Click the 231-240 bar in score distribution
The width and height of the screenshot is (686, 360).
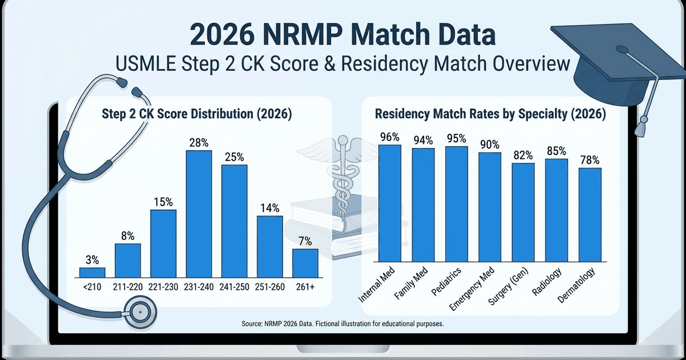[198, 214]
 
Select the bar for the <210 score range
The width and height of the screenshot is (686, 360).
[92, 272]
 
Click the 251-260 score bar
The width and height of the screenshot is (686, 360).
[269, 246]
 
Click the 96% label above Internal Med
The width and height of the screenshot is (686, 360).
[390, 137]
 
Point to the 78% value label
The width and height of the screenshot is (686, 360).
[590, 160]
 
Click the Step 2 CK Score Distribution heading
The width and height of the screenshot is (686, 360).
[198, 114]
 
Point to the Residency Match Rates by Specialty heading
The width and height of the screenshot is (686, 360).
[490, 114]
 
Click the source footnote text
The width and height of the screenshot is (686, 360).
[343, 324]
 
